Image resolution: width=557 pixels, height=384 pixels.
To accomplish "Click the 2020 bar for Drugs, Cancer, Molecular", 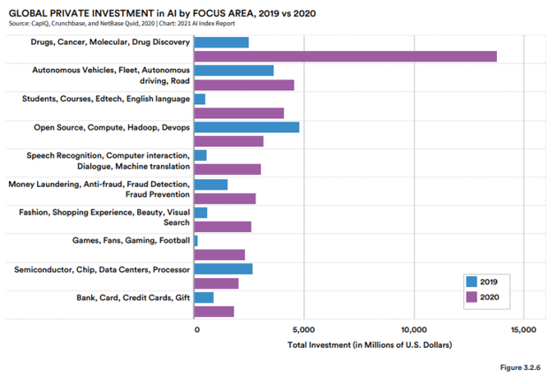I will [x=345, y=56].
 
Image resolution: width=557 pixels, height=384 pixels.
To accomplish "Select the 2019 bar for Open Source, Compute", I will [x=246, y=127].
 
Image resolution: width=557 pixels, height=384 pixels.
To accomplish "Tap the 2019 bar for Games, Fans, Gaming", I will [x=195, y=240].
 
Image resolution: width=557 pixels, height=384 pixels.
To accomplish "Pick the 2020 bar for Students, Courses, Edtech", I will [x=239, y=113].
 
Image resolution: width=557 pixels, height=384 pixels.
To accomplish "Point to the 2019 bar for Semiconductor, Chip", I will [x=223, y=268].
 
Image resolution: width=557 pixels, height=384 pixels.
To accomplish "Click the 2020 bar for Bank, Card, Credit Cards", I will [x=214, y=311].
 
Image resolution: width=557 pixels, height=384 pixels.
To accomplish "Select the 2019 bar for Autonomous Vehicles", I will [x=233, y=71].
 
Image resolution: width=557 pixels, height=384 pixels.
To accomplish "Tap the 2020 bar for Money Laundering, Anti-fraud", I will [x=225, y=198].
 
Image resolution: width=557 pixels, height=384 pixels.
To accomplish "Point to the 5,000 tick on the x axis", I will [x=303, y=329].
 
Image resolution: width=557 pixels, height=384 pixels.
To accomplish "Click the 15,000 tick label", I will [x=523, y=329].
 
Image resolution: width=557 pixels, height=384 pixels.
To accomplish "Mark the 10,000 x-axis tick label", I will [x=414, y=329].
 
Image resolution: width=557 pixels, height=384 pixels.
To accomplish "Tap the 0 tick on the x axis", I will [x=196, y=329].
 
